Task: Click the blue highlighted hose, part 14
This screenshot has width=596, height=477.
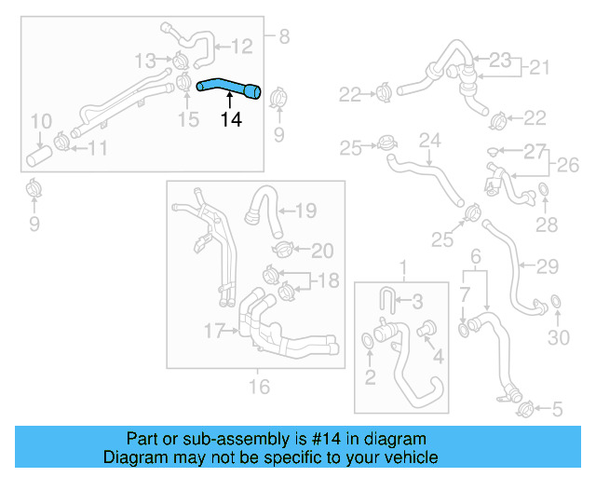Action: tap(229, 88)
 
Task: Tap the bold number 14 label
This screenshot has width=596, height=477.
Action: tap(232, 119)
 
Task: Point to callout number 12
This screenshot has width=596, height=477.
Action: tap(241, 45)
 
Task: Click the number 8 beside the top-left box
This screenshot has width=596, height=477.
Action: tap(284, 37)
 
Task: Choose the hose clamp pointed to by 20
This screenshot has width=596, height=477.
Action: tap(283, 250)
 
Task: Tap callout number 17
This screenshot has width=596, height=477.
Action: tap(214, 330)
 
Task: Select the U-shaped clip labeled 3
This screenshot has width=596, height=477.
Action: tap(389, 300)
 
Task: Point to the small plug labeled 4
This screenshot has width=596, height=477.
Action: tap(430, 328)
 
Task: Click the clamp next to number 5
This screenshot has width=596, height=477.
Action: tap(523, 406)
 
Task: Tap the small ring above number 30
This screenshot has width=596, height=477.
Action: tap(556, 301)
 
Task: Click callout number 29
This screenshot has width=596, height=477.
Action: tap(548, 266)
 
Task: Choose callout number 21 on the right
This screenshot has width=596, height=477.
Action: tap(540, 68)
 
